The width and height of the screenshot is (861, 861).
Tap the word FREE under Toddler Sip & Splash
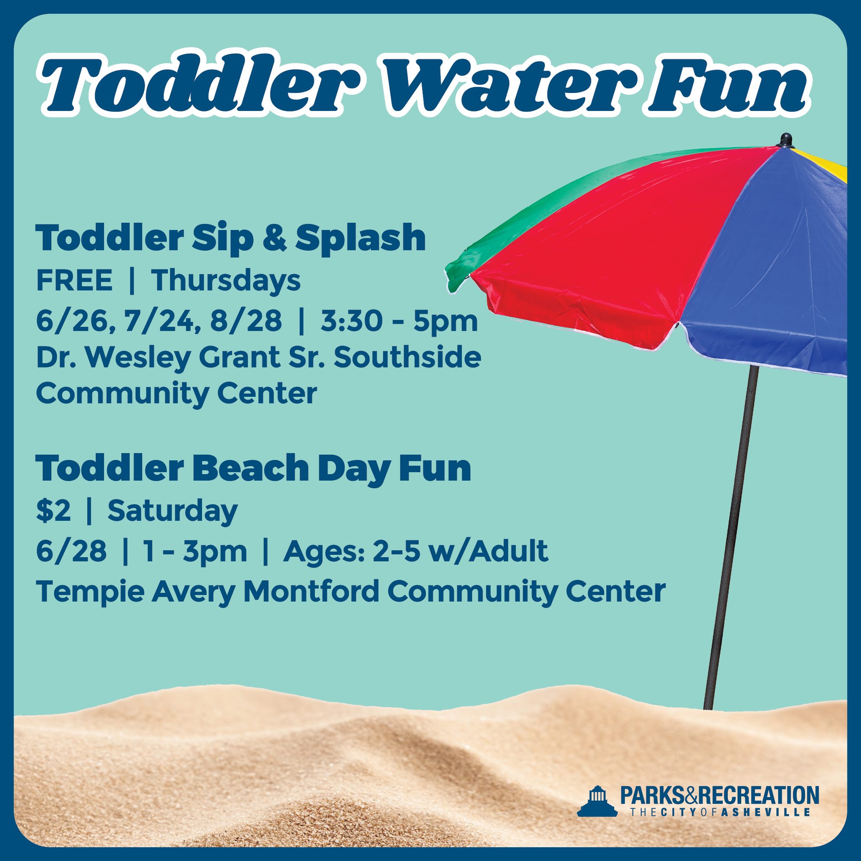(74, 281)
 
